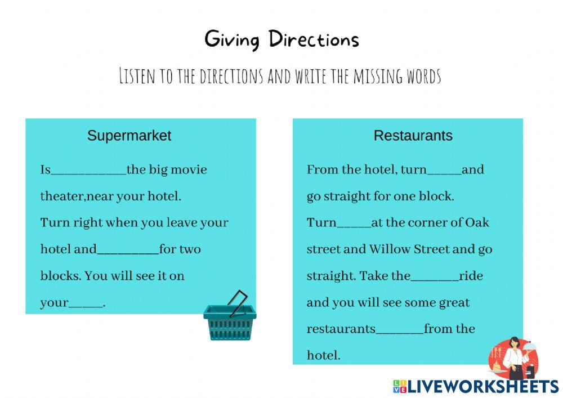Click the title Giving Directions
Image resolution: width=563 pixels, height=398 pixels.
click(x=281, y=39)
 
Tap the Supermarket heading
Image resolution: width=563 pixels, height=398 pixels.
click(x=129, y=136)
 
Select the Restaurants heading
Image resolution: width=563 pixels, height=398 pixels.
click(x=413, y=136)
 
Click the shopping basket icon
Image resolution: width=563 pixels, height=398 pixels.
click(x=230, y=318)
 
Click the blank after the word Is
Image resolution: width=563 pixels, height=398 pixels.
click(x=89, y=171)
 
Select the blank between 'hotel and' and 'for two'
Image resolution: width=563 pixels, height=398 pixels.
click(x=128, y=250)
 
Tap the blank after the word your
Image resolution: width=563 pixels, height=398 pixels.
click(x=86, y=303)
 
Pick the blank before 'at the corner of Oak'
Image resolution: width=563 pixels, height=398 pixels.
click(x=354, y=223)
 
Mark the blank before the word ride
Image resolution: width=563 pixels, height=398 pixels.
click(x=435, y=277)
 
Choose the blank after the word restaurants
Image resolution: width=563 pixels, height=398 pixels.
click(x=400, y=330)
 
